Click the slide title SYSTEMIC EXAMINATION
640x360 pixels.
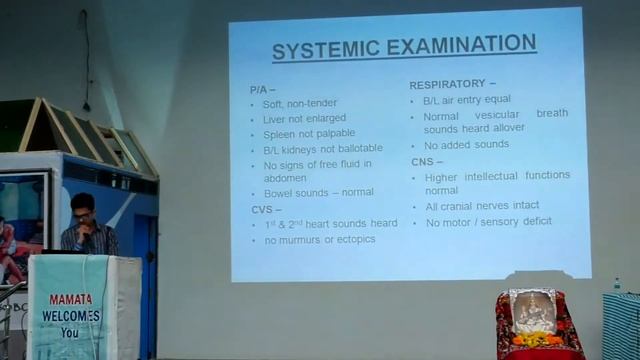[404, 46]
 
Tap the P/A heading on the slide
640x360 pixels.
[260, 89]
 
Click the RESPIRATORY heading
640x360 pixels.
[453, 85]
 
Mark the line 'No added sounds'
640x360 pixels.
[466, 144]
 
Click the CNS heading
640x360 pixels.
[426, 160]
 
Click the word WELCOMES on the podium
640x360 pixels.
[71, 315]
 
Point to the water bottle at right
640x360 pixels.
[617, 286]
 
